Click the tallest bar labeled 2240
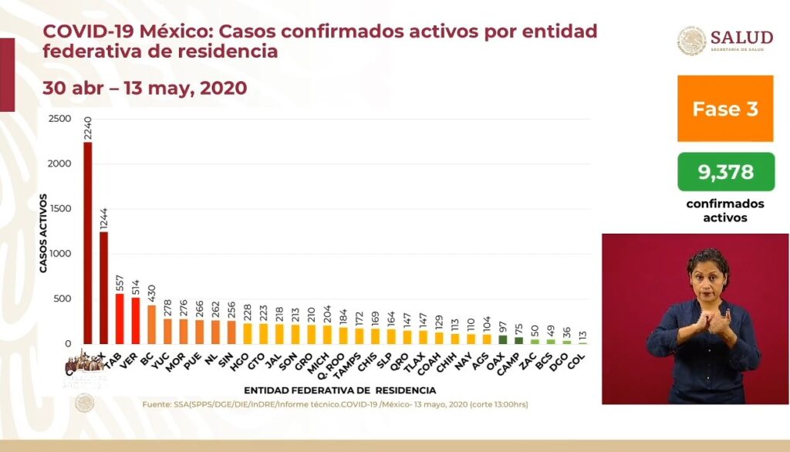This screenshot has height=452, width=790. click(87, 243)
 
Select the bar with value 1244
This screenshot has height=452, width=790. click(104, 288)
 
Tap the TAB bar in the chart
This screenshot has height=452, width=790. click(120, 319)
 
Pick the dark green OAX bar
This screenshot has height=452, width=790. click(503, 339)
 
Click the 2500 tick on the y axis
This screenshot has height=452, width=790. click(59, 119)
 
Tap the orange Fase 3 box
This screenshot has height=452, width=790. click(725, 109)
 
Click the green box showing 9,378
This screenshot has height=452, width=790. click(725, 171)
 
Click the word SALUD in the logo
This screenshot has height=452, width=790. click(741, 38)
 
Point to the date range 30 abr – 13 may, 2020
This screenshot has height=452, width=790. click(144, 88)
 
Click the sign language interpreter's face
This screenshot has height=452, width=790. click(707, 276)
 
